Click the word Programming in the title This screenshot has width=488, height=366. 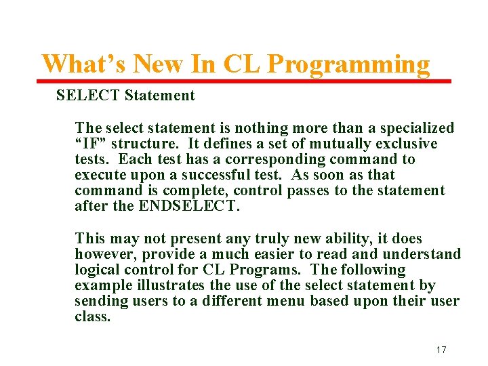click(348, 64)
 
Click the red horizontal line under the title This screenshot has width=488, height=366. click(244, 81)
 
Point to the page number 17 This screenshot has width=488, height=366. click(441, 350)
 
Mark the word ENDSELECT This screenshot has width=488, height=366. click(189, 206)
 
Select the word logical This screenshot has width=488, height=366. click(96, 270)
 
